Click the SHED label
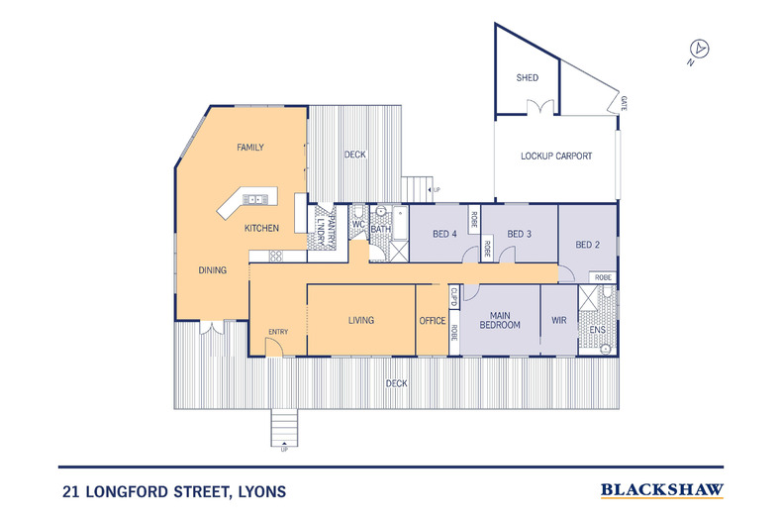(528, 78)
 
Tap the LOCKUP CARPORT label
(556, 157)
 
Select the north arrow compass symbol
(699, 50)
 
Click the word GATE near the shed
(624, 103)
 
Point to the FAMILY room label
(250, 148)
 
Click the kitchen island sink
(254, 200)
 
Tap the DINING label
(213, 270)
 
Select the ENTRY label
(278, 332)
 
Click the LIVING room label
(361, 320)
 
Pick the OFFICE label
(433, 321)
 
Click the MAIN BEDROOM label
(500, 320)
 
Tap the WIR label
(559, 320)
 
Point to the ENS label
(598, 330)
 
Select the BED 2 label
(588, 245)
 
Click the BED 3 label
(519, 234)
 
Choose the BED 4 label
(444, 234)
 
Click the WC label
(358, 225)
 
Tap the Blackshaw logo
(662, 490)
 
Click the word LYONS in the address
(262, 492)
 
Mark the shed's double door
(540, 107)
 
